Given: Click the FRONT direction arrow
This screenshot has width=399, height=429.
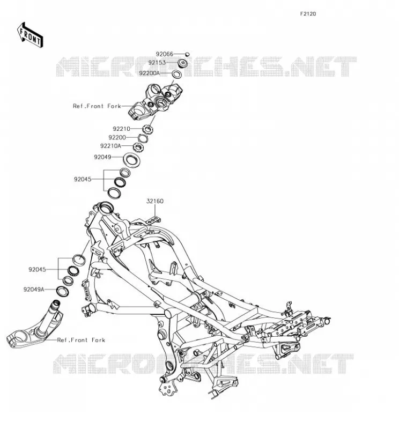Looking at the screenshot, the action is [30, 35].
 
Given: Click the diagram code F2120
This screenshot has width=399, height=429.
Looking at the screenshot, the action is [308, 14].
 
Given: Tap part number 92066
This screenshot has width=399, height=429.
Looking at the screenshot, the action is [165, 54].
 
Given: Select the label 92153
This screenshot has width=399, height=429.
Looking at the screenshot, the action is [157, 63].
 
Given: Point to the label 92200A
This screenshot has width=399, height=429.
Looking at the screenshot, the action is [149, 73].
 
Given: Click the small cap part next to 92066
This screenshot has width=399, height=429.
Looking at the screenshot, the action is [188, 54].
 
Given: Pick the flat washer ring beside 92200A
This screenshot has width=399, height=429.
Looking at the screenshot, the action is [177, 74].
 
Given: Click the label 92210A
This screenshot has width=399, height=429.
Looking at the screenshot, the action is [110, 146].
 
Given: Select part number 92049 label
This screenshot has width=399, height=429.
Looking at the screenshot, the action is [102, 157].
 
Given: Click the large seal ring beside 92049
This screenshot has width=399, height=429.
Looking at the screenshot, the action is [131, 160].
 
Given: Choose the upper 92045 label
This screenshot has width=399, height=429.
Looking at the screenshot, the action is [83, 180].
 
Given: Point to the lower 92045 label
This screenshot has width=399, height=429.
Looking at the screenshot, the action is [37, 270].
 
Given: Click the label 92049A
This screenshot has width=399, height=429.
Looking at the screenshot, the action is [34, 289].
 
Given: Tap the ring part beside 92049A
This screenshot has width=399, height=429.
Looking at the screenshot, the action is [62, 291].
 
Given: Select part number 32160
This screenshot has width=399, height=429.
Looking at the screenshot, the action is [155, 201].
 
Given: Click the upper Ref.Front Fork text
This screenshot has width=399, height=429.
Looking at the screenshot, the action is [97, 106].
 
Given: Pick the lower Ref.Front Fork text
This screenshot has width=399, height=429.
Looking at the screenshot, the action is [81, 340].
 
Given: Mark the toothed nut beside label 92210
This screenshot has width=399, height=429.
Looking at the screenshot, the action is [148, 129].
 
